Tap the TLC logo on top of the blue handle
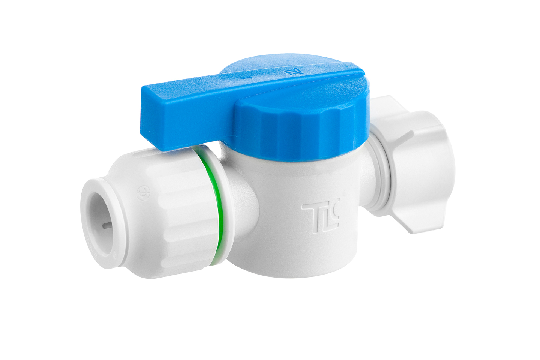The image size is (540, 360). click(x=289, y=72)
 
